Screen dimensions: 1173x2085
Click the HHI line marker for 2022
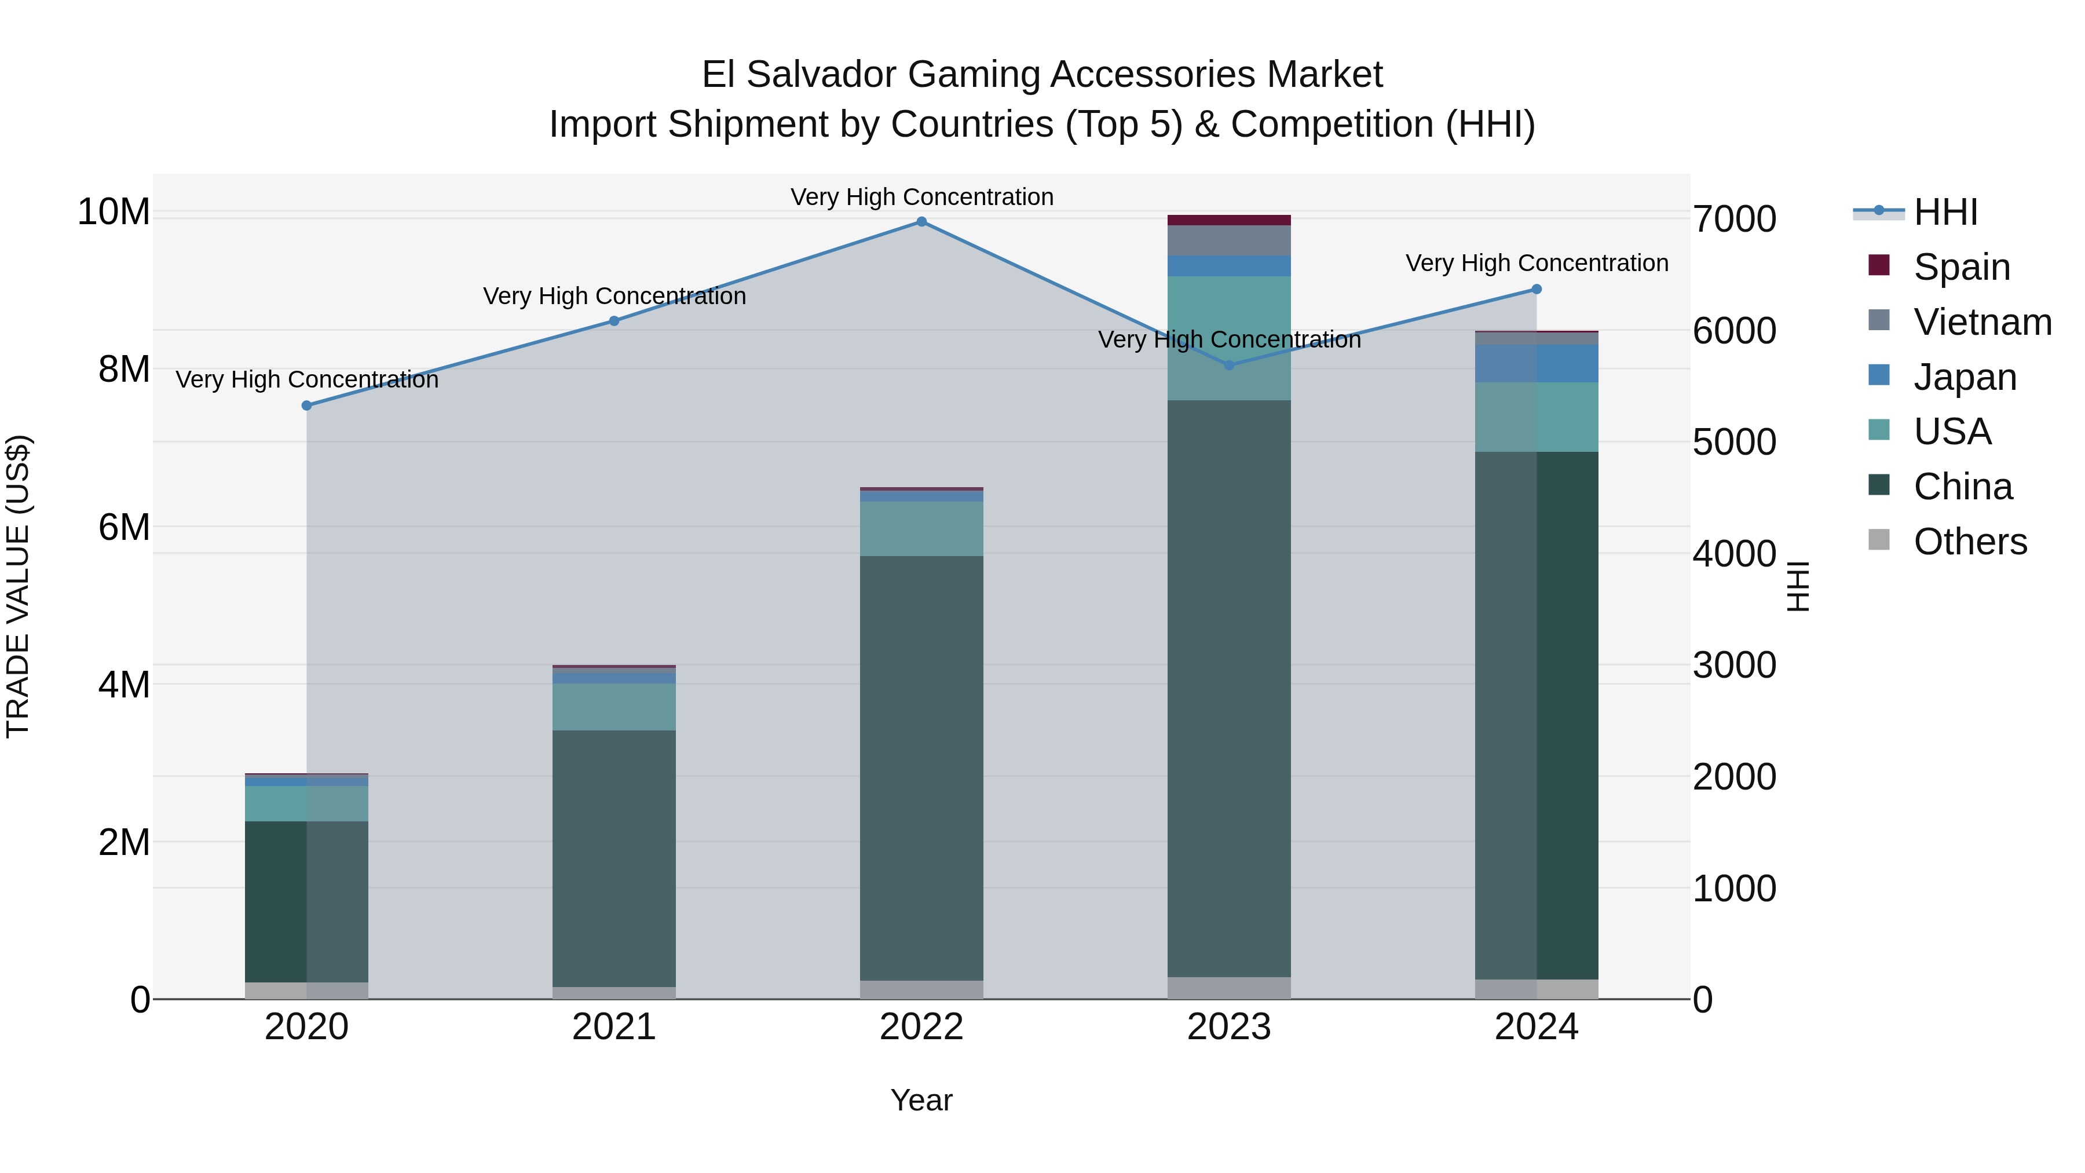point(921,222)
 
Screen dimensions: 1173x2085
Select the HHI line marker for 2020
point(307,405)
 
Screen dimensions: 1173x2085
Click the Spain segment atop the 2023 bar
point(1228,220)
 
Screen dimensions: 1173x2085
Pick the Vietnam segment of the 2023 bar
point(1228,240)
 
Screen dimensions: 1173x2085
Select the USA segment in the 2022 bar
point(921,529)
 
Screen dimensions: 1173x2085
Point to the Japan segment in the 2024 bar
point(1536,363)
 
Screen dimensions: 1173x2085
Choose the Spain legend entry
point(1961,267)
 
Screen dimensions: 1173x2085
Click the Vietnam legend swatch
point(1879,320)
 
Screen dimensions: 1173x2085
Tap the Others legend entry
point(1969,542)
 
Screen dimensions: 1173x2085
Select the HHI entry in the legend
point(1945,212)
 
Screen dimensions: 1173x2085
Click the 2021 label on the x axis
point(613,1027)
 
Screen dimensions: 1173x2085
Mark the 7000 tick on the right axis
point(1733,220)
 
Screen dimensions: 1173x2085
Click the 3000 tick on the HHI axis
point(1733,666)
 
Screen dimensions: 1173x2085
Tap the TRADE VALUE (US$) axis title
point(19,586)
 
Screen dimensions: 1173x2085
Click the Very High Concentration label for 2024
point(1536,263)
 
